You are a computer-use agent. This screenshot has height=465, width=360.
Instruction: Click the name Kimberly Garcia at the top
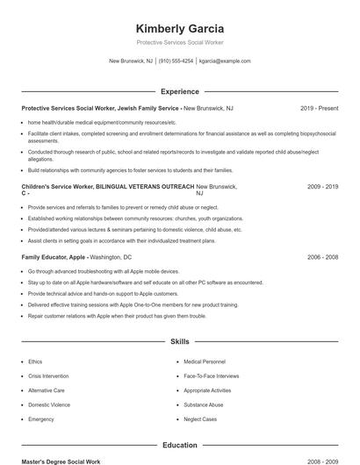coord(180,28)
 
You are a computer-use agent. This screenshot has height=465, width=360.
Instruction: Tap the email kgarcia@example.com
coord(225,61)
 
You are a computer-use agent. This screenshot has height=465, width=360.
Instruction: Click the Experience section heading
coord(179,91)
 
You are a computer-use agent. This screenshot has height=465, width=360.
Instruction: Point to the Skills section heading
coord(179,341)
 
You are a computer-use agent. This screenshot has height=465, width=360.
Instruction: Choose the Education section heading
coord(179,445)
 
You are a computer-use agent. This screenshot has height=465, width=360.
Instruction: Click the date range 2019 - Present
coord(319,108)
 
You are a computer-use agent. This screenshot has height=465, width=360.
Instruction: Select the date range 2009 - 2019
coord(322,188)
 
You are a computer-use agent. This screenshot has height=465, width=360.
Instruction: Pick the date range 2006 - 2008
coord(322,257)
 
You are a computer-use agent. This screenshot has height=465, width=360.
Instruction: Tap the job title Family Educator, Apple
coord(54,257)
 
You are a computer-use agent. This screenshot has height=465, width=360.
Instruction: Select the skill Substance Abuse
coord(203,404)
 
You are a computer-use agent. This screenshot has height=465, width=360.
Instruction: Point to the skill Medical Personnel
coord(205,361)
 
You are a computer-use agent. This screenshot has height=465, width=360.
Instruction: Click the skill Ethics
coord(35,361)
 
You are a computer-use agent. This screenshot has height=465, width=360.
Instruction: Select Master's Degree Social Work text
coord(61,461)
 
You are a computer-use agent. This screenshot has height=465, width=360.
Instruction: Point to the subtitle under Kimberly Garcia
coord(180,43)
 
